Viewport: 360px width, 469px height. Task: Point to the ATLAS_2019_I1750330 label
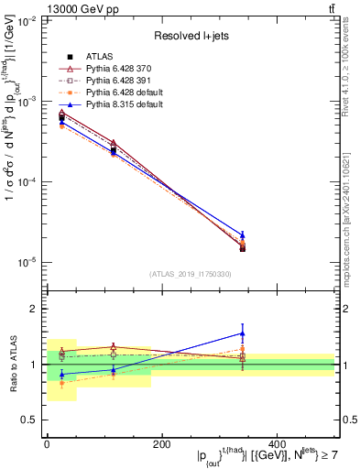click(x=191, y=274)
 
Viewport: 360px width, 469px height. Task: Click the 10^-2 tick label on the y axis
click(x=29, y=21)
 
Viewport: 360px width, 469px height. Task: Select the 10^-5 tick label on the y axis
click(x=29, y=263)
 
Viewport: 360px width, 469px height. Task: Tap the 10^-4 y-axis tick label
click(x=29, y=182)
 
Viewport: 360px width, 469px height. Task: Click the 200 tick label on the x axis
click(x=161, y=444)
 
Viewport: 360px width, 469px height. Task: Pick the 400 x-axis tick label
click(x=277, y=444)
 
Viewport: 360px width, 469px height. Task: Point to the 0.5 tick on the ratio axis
click(x=33, y=420)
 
